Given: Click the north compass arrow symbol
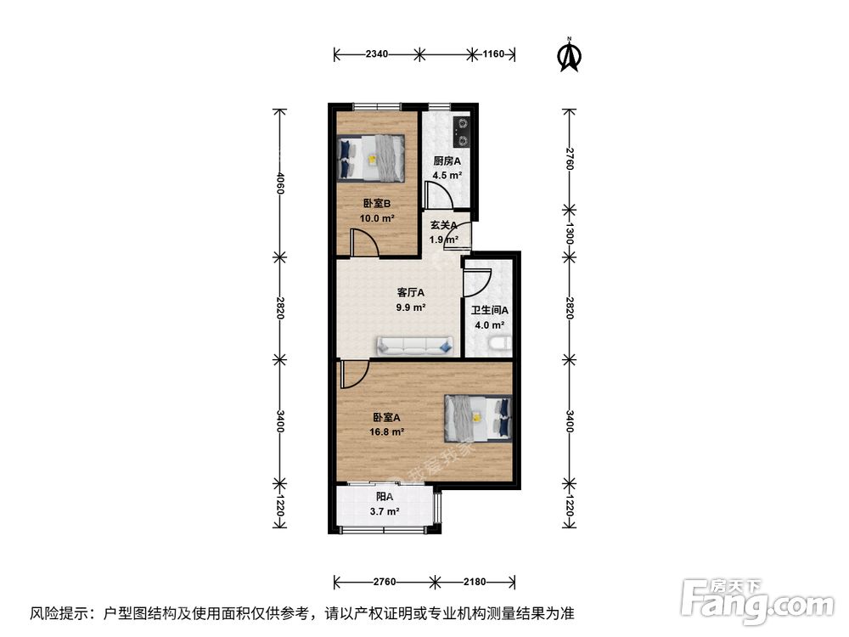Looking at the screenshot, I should [569, 54].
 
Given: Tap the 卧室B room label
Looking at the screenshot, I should [376, 204].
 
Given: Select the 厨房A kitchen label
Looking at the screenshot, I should [447, 161].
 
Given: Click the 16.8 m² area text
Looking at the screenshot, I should [387, 431].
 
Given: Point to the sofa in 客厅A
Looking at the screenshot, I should [415, 345].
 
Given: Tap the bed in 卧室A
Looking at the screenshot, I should [479, 418].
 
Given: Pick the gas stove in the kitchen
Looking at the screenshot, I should [462, 128].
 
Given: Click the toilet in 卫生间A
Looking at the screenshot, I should [500, 344].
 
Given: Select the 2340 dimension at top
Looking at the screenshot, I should [377, 54].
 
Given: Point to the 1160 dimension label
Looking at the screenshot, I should [494, 54].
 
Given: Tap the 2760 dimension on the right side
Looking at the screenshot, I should [571, 159].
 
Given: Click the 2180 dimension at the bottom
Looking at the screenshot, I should [474, 582].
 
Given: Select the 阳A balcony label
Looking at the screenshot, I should [385, 497].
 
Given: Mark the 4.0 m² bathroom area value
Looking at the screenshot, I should [489, 324].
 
